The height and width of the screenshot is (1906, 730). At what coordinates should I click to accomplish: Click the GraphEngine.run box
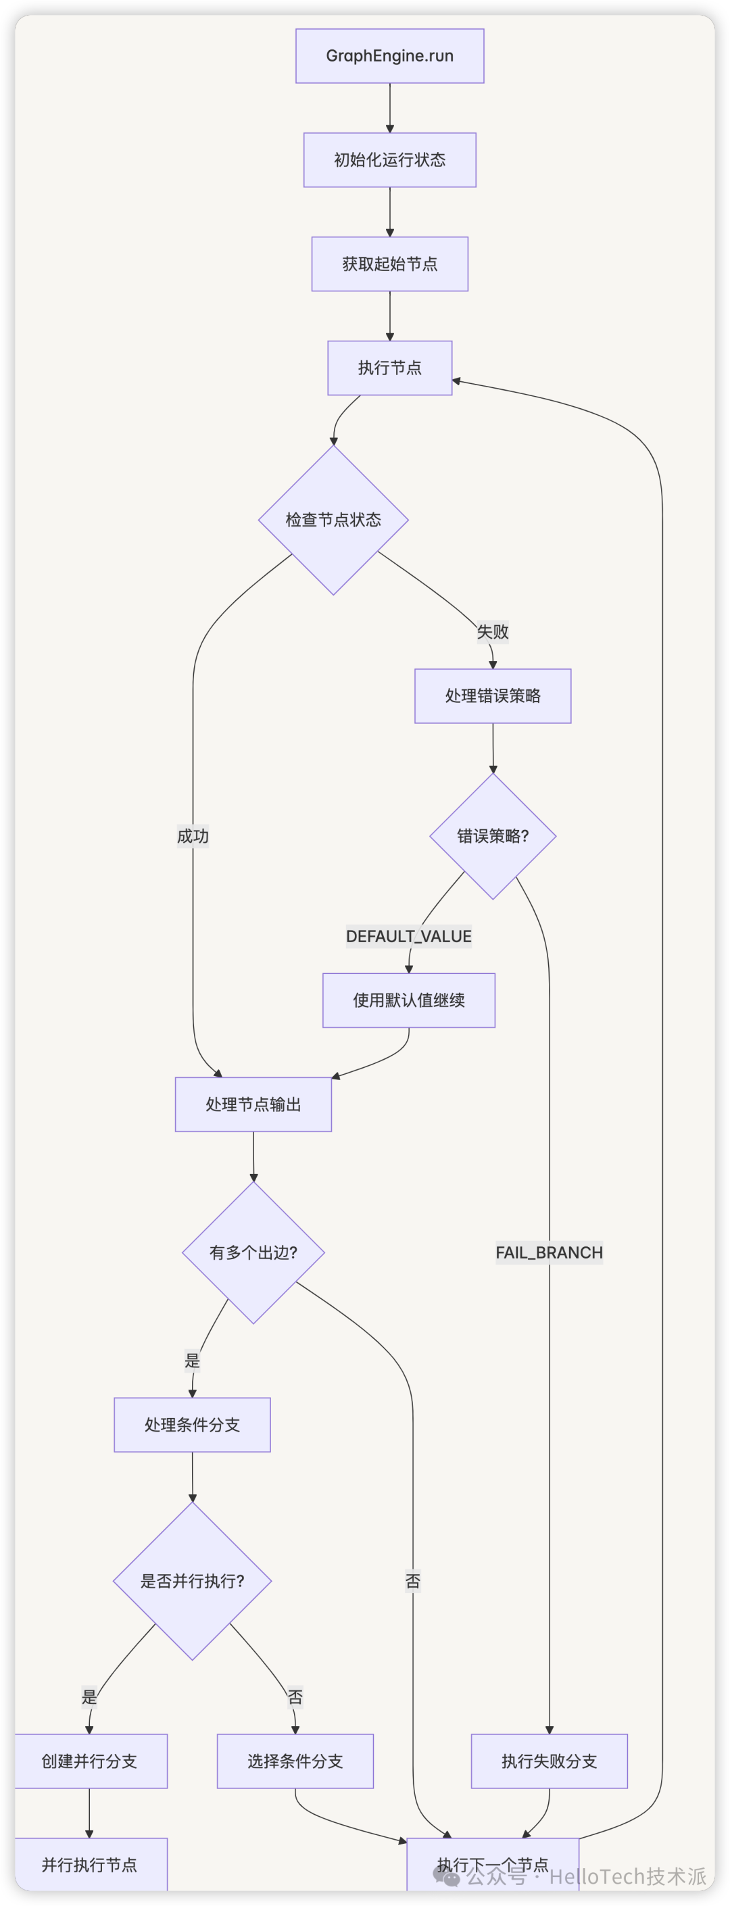click(390, 56)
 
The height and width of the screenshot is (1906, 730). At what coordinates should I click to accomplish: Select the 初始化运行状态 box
click(390, 160)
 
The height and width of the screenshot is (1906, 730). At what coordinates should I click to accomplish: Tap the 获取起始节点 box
click(390, 264)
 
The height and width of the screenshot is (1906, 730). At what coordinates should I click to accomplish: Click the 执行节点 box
click(390, 368)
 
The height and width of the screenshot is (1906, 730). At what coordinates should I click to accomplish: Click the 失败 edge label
click(493, 632)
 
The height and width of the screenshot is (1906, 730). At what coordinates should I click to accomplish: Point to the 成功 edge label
click(193, 836)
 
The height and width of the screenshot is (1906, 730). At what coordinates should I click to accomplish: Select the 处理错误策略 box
click(493, 696)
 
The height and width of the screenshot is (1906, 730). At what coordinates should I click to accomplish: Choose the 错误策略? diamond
click(493, 836)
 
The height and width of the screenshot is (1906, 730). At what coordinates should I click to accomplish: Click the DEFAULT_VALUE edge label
click(408, 937)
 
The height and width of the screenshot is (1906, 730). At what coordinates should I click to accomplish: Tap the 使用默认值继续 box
click(408, 1000)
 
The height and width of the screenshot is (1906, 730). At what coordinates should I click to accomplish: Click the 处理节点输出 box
click(253, 1104)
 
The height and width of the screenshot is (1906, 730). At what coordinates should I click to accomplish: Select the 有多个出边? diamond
click(253, 1252)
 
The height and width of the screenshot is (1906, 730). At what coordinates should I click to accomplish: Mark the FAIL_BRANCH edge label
click(549, 1252)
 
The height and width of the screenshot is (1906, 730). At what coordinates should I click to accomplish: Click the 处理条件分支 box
click(192, 1425)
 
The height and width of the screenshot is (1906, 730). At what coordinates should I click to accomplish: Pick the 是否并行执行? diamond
click(192, 1581)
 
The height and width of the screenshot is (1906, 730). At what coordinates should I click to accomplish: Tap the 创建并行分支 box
click(89, 1761)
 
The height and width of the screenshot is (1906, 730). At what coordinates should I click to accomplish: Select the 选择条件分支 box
click(295, 1761)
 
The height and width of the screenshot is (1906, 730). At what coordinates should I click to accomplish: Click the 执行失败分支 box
click(549, 1761)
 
